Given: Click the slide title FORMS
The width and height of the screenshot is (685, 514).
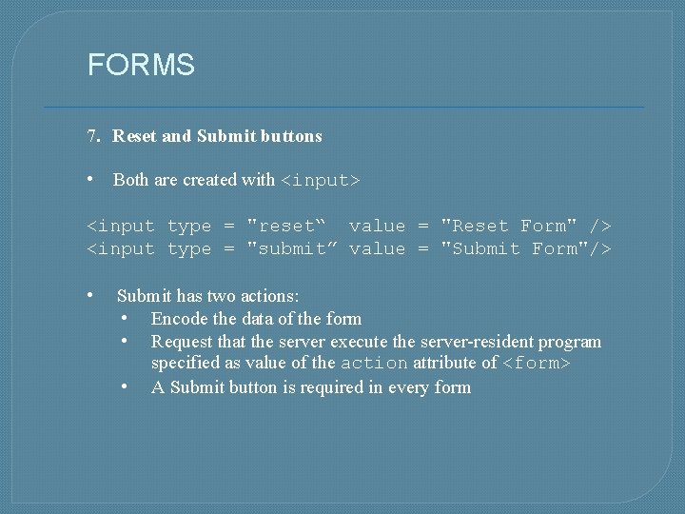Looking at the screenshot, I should pyautogui.click(x=141, y=65).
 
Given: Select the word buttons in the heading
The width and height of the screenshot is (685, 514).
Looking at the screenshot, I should pyautogui.click(x=290, y=136).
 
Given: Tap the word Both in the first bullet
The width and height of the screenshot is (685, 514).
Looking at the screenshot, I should pyautogui.click(x=130, y=180).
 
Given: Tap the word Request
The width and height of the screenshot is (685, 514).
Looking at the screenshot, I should pyautogui.click(x=182, y=342).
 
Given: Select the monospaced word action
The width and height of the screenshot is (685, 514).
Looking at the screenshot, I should pyautogui.click(x=374, y=364).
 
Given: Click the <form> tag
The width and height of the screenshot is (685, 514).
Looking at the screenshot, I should pyautogui.click(x=536, y=364).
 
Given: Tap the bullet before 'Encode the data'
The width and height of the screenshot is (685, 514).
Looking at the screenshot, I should pyautogui.click(x=126, y=318).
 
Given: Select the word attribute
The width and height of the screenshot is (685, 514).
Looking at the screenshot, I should pyautogui.click(x=445, y=364).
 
